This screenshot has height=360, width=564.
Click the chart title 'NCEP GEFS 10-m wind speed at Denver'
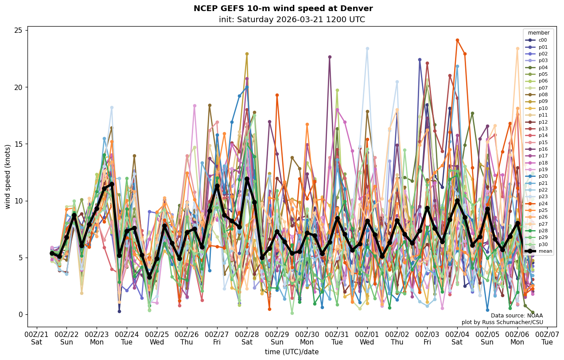pyautogui.click(x=283, y=8)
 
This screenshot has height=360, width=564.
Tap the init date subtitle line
pyautogui.click(x=292, y=20)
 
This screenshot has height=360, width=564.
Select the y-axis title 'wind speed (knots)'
pyautogui.click(x=8, y=176)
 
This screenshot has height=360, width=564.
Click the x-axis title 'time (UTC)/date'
pyautogui.click(x=292, y=352)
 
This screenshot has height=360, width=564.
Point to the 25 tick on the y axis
pyautogui.click(x=18, y=30)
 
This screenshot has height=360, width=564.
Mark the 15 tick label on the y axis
pyautogui.click(x=18, y=144)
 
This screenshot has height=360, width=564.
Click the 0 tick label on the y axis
pyautogui.click(x=20, y=314)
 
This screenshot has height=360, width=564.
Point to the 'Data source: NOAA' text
pyautogui.click(x=517, y=316)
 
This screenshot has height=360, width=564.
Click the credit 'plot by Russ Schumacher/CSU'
pyautogui.click(x=502, y=322)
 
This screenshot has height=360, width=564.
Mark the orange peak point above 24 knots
pyautogui.click(x=457, y=40)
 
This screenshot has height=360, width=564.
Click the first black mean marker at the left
pyautogui.click(x=52, y=253)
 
